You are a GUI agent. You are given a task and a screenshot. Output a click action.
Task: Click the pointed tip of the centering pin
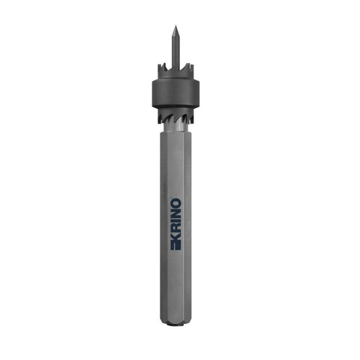175,25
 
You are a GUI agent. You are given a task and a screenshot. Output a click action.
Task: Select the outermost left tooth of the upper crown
160,69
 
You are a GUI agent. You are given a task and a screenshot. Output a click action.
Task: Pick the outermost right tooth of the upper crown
192,69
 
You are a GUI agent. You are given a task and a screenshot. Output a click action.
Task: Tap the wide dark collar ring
176,93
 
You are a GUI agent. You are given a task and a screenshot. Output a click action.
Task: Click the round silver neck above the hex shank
175,127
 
